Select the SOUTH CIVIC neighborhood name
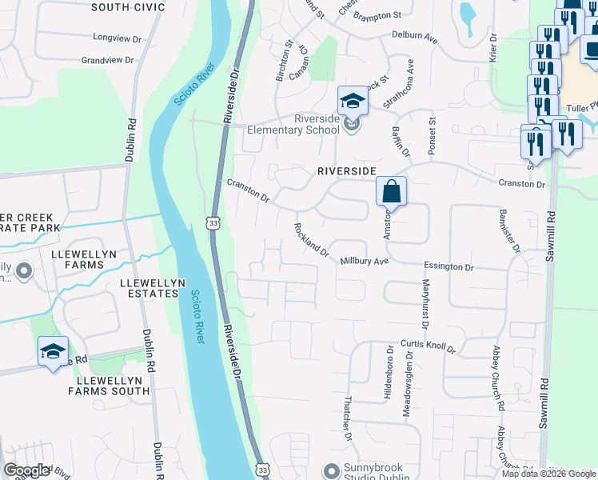128,7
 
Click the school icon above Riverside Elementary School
352,102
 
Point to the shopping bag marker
392,192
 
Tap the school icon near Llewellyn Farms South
54,352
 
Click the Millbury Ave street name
364,262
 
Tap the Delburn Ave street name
415,36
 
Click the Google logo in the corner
26,470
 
